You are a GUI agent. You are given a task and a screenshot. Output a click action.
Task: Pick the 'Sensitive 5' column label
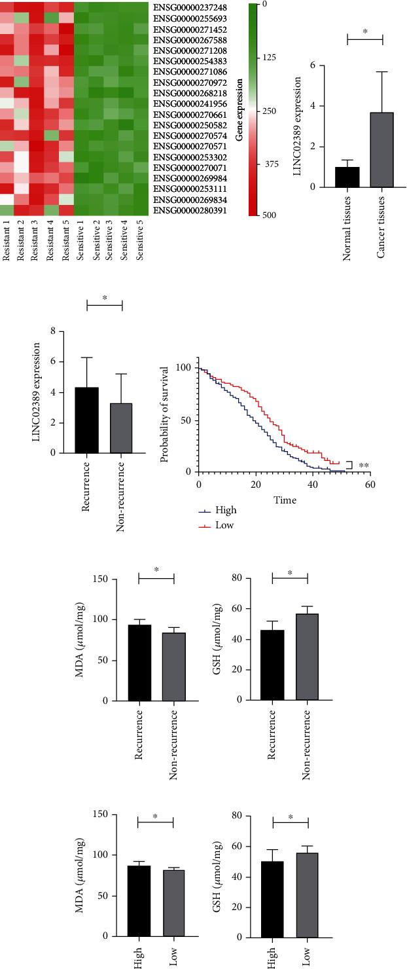coord(139,243)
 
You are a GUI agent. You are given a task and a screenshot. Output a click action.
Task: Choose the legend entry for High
coord(213,510)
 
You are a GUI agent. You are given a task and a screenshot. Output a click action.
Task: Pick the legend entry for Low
coord(211,525)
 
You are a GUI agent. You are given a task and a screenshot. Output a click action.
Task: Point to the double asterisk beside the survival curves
coord(363,466)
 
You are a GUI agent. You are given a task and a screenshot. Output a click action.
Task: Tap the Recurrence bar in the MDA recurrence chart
coord(139,663)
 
